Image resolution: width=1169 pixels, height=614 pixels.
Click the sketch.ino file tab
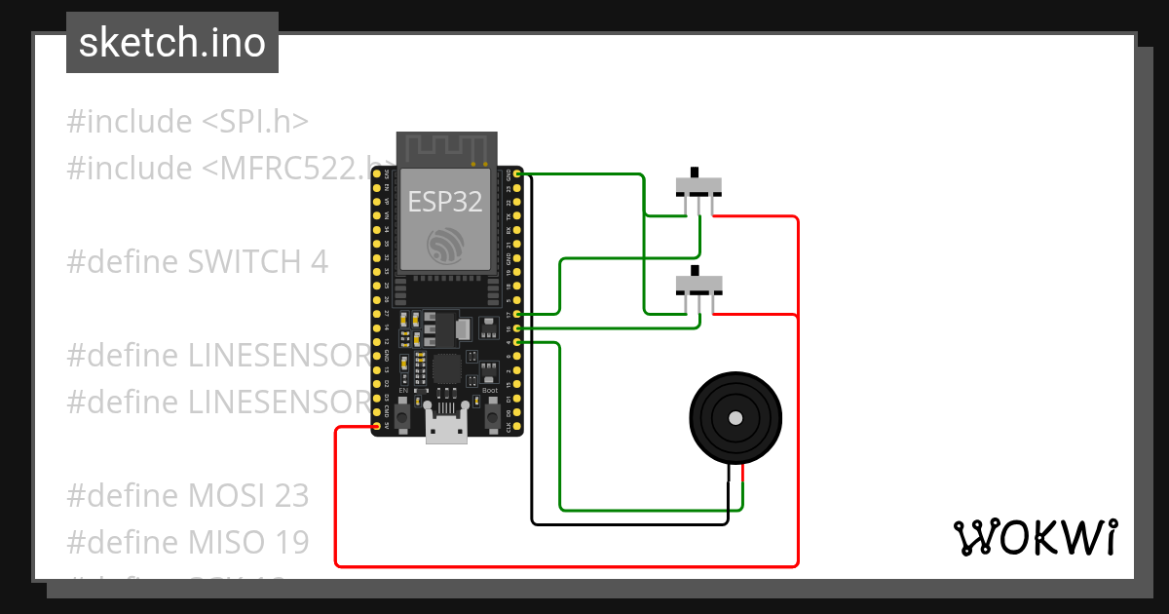click(x=172, y=43)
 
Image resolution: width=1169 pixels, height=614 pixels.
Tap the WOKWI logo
click(x=1034, y=537)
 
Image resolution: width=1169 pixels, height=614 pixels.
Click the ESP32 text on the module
click(x=444, y=202)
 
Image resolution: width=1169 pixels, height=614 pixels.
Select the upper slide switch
click(x=699, y=186)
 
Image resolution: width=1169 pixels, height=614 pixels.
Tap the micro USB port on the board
click(x=446, y=429)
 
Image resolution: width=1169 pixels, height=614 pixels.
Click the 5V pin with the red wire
click(x=377, y=426)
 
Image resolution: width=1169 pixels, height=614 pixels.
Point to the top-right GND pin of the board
click(x=516, y=173)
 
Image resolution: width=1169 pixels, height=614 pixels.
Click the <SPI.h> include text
click(x=255, y=121)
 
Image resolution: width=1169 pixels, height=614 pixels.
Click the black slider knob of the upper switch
click(x=696, y=169)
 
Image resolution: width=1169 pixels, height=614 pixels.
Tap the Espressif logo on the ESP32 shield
click(x=445, y=246)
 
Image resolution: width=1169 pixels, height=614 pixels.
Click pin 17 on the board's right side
click(x=516, y=314)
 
